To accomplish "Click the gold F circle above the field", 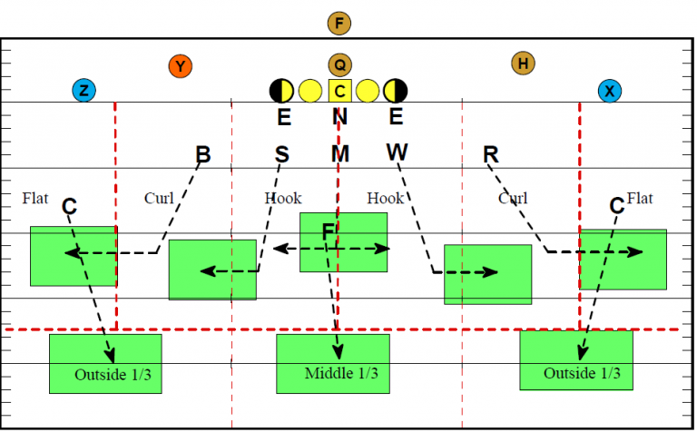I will coord(339,24).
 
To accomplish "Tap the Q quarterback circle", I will coord(339,64).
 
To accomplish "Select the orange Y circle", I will coord(181,66).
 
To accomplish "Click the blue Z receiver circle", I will coord(84,90).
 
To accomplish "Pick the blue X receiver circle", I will coord(609,90).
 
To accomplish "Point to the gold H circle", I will coord(522,63).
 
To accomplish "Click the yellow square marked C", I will coord(339,90).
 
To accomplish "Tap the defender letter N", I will coord(339,116).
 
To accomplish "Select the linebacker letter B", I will coord(203,155).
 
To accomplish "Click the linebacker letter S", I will coord(282,154).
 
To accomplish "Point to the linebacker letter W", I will coord(397,152).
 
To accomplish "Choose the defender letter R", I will coord(491,154).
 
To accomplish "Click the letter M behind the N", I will coord(339,153).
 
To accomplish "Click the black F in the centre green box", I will coord(329,233).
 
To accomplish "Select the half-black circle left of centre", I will coord(281,90).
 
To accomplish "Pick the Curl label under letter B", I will coord(159,197).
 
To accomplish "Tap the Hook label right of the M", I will coord(385,197).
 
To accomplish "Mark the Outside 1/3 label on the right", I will coord(583,373).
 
